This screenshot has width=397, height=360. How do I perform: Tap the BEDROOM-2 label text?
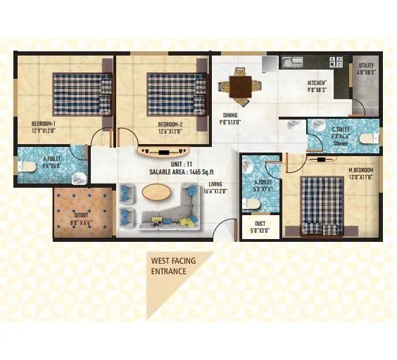point(170,124)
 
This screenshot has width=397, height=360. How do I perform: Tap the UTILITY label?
point(367,65)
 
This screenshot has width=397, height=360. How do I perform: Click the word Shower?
point(341,143)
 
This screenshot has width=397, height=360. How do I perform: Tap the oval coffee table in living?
point(156,191)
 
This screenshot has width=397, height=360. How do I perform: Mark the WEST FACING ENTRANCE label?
point(172,266)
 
